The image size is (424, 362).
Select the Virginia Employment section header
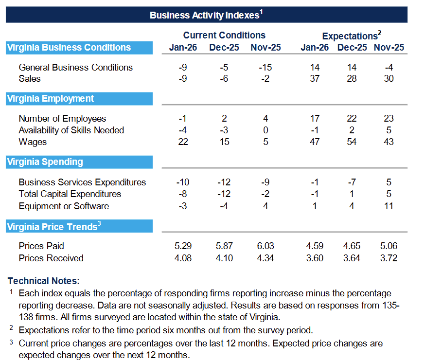(51, 99)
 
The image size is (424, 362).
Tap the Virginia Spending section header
(45, 162)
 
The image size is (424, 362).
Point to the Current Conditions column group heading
(224, 35)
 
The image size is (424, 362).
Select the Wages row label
(33, 142)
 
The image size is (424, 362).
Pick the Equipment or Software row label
(64, 206)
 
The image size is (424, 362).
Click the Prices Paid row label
(41, 246)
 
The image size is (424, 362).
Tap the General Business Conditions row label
(76, 67)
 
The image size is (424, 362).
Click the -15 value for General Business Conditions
(265, 67)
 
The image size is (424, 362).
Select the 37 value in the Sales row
(315, 79)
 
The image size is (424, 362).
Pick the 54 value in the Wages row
(352, 142)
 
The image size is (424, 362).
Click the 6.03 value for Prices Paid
(265, 246)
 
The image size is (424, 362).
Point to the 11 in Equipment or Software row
(389, 206)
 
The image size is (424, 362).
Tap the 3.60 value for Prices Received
(315, 258)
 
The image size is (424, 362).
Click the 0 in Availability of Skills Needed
(265, 130)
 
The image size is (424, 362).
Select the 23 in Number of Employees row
(389, 119)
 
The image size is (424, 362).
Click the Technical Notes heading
(44, 281)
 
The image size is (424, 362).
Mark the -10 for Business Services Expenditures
(183, 182)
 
